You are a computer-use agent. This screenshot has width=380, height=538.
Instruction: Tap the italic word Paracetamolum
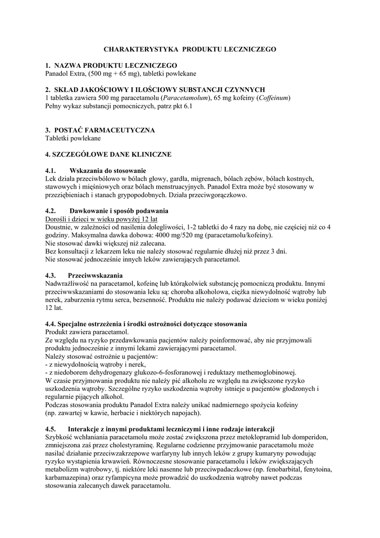click(x=185, y=98)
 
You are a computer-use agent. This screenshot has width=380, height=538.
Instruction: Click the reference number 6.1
click(x=188, y=106)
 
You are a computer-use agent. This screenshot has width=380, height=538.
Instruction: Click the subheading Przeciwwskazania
click(x=95, y=275)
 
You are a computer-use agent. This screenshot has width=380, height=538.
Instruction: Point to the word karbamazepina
click(x=70, y=477)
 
